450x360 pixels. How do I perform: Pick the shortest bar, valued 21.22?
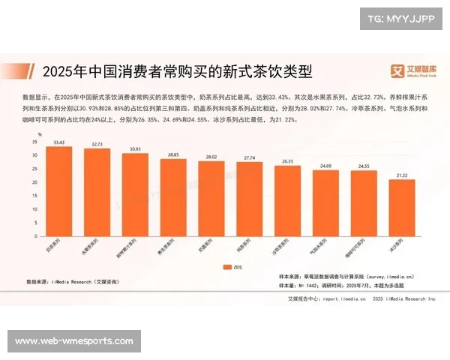point(401,207)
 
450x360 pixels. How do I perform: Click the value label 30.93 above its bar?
point(135,149)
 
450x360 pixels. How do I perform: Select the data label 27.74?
point(249,158)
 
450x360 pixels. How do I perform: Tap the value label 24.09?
point(325,166)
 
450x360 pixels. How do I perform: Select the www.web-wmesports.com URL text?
point(74,341)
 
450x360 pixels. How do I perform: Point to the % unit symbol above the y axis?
point(40,133)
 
